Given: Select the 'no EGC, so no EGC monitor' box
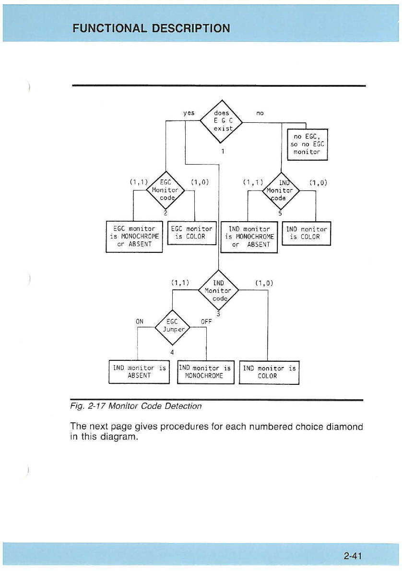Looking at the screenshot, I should pos(307,143).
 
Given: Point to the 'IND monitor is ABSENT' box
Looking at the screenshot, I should pos(139,372).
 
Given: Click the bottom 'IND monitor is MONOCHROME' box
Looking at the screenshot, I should pos(205,372).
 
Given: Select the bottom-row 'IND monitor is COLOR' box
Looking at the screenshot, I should pos(269,372).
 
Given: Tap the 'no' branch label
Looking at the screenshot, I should pos(260,113).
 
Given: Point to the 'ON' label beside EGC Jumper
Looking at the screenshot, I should pos(140,321).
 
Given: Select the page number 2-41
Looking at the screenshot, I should pos(352,556).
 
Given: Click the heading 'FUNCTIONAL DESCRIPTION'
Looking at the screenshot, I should pos(151,28).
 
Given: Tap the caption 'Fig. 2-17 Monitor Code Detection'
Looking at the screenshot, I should pos(136,406).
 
